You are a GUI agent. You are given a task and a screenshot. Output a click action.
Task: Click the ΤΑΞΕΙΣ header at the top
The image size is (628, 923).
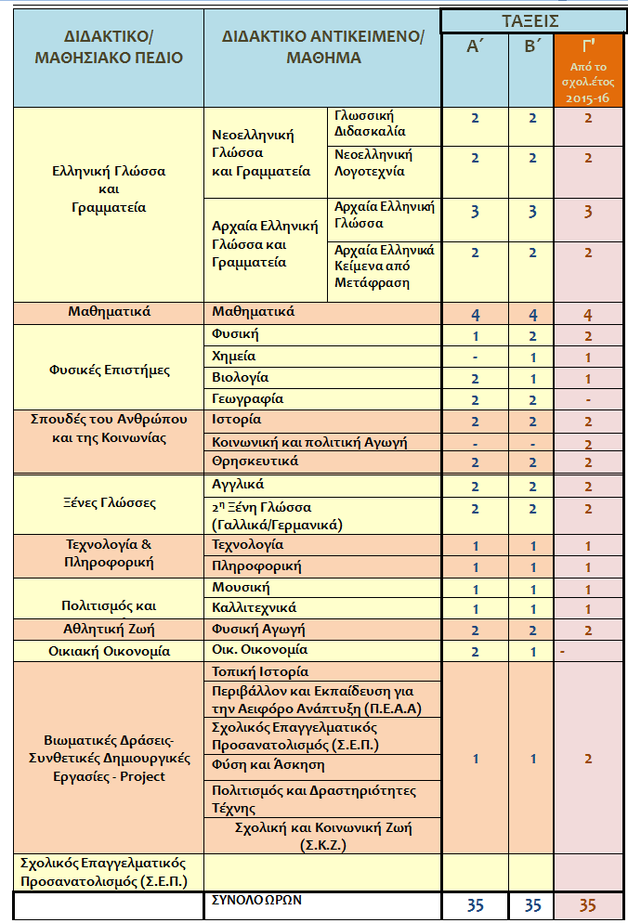click(532, 19)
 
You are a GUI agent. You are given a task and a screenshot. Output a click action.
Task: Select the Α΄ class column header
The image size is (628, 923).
click(475, 47)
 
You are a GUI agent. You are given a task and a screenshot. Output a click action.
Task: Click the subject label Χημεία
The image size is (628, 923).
click(234, 356)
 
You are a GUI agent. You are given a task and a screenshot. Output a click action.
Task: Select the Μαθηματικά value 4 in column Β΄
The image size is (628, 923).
click(533, 314)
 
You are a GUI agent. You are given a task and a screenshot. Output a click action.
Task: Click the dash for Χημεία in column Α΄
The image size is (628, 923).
click(475, 357)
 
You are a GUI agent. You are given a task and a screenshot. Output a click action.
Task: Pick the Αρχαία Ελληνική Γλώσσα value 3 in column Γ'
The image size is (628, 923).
click(587, 212)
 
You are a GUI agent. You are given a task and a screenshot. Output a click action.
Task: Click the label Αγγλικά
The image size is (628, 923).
click(238, 485)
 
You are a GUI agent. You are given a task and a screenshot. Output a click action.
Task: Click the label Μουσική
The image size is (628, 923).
click(240, 588)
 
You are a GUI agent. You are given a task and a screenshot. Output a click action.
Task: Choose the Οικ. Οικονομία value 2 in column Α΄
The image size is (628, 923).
click(475, 651)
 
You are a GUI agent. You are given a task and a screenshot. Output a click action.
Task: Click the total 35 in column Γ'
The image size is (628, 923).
click(587, 906)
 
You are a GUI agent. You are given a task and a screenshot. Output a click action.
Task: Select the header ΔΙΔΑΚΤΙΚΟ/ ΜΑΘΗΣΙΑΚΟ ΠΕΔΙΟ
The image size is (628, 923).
click(108, 46)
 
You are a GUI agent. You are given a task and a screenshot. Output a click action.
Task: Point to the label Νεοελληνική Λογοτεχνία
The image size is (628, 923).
click(373, 162)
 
